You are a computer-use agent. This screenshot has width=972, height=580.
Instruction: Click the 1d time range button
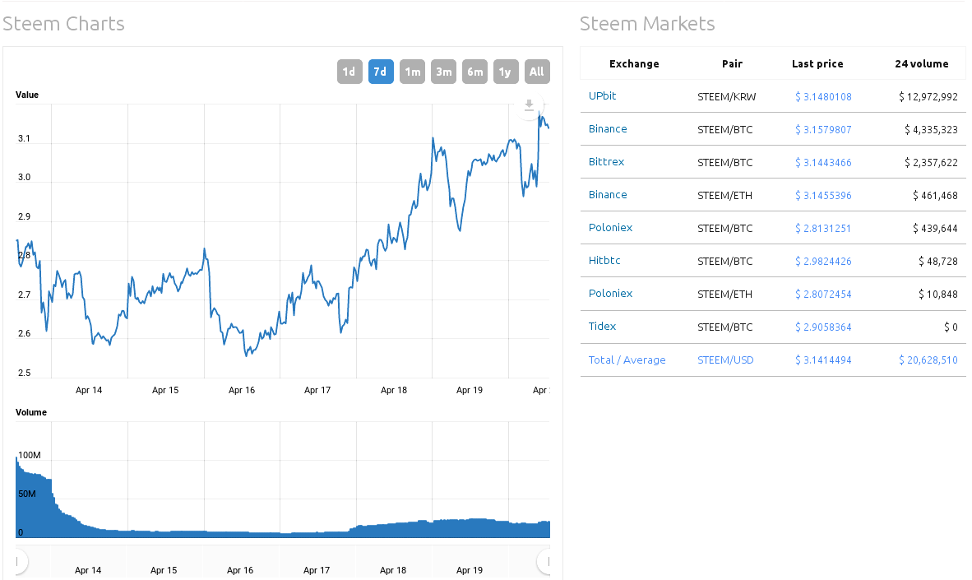[x=349, y=72]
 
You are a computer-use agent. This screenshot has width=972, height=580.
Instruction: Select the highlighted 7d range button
[x=381, y=72]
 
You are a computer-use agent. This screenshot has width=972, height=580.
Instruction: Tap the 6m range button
[x=474, y=72]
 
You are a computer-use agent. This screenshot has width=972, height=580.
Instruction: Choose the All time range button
[x=537, y=72]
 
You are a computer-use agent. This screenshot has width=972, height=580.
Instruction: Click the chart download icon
[x=530, y=104]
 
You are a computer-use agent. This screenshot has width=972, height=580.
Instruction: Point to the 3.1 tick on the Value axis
[x=24, y=139]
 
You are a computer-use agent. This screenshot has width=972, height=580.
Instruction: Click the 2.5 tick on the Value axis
[x=24, y=374]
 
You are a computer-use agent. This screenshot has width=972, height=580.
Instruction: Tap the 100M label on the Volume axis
[x=29, y=455]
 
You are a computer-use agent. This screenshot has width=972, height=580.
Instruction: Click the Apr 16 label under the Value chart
[x=241, y=390]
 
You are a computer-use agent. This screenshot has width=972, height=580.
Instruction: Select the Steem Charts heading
[x=63, y=24]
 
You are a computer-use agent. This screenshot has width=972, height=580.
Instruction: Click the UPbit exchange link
[x=602, y=96]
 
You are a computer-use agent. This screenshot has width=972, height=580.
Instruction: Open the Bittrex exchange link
[x=606, y=162]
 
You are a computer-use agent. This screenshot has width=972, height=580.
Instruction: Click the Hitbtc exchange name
[x=604, y=261]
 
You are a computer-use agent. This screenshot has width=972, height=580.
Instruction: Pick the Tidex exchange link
[x=602, y=327]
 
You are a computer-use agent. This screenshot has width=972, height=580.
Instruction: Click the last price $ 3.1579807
[x=823, y=129]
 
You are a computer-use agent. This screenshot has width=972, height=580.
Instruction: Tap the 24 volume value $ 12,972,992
[x=928, y=97]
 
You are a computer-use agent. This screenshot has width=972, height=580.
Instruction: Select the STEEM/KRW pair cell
[x=726, y=97]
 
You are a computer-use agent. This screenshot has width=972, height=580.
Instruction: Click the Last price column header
[x=817, y=63]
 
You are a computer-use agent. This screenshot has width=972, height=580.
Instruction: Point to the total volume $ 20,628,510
[x=928, y=360]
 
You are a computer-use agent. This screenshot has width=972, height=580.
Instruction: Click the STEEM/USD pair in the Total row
[x=725, y=360]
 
